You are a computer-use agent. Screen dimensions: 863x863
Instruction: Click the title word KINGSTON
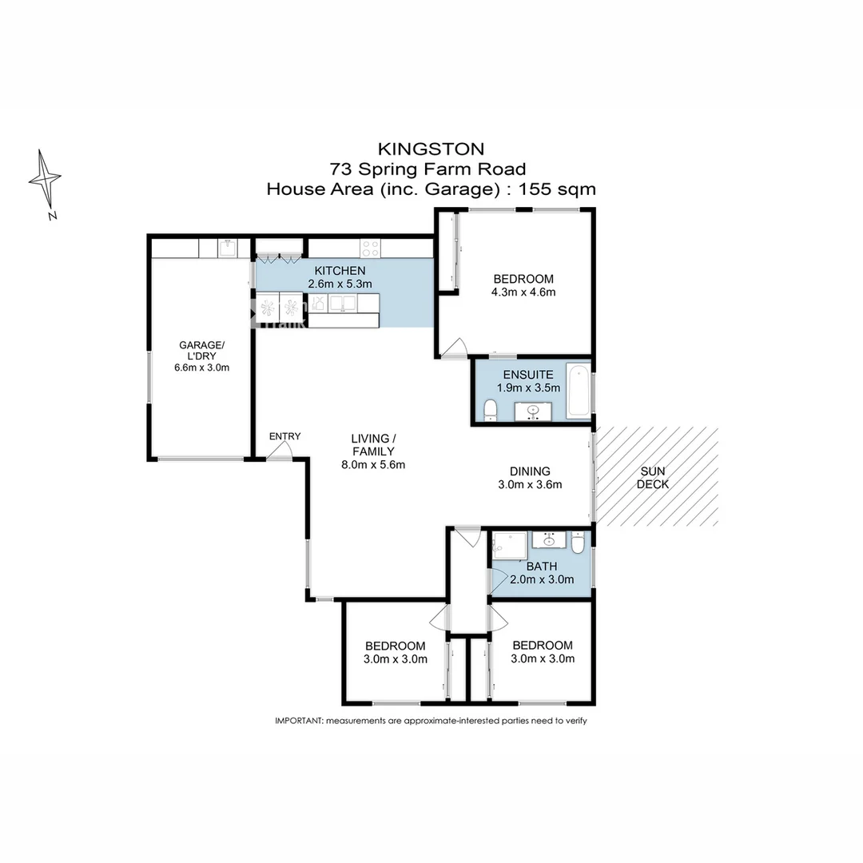coord(431,149)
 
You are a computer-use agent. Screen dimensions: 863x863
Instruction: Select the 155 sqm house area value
coord(557,189)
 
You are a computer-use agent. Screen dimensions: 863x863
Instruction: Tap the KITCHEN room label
coord(340,271)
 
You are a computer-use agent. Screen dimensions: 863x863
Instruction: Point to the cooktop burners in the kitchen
coord(370,248)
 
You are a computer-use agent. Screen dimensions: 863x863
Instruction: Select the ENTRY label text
coord(284,436)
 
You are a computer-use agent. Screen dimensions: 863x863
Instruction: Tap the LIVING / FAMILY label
coord(373,445)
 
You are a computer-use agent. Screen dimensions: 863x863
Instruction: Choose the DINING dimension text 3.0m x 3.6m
coord(531,484)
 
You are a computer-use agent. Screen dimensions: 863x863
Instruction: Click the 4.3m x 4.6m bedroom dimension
coord(523,292)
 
